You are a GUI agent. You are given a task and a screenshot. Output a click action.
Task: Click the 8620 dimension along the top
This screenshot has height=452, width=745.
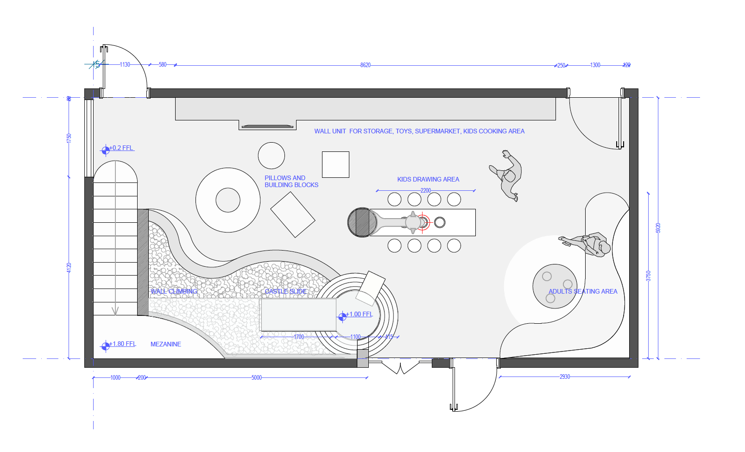(365, 65)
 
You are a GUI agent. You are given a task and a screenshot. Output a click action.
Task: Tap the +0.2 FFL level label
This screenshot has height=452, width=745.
(121, 148)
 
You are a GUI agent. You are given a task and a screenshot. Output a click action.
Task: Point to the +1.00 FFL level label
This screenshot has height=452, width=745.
(359, 314)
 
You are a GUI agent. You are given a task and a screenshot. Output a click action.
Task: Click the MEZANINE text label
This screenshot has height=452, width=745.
(166, 344)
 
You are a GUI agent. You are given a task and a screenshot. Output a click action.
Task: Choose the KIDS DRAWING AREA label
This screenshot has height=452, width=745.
(428, 179)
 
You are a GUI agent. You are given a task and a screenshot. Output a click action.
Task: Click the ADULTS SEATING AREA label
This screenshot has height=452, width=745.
(583, 291)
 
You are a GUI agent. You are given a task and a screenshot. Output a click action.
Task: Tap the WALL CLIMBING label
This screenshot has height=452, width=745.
(174, 291)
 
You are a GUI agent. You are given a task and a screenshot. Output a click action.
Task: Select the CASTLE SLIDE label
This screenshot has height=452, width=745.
(285, 291)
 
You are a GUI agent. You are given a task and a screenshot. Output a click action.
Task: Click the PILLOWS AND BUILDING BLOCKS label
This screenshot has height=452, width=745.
(291, 182)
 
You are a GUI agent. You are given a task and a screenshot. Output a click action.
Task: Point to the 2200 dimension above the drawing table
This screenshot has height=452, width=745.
(425, 190)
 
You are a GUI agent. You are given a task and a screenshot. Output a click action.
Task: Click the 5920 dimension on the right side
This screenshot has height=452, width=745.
(658, 228)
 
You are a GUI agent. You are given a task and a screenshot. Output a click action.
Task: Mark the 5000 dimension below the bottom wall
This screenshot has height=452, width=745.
(257, 377)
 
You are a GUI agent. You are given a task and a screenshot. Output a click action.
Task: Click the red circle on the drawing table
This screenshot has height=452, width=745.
(423, 222)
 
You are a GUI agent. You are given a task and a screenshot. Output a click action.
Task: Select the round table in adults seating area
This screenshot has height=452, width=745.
(555, 286)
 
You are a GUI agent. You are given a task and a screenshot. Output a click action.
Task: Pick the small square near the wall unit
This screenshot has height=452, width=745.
(335, 164)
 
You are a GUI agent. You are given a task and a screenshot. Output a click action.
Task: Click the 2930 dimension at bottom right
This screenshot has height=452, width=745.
(564, 377)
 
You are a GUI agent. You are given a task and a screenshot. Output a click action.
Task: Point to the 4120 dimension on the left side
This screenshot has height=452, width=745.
(69, 267)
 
